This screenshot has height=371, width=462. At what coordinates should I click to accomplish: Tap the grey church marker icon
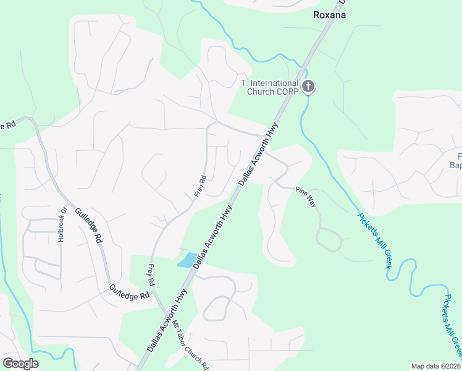[x=308, y=87]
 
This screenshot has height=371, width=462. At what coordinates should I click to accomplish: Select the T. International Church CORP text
[x=269, y=87]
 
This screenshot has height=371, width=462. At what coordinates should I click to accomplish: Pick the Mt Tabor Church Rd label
[x=190, y=345]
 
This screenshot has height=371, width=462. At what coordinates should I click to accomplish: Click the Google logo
[x=20, y=364]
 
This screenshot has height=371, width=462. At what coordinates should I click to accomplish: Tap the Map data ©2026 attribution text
[x=435, y=366]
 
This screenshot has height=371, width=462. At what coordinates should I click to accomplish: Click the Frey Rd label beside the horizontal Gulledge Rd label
[x=150, y=275]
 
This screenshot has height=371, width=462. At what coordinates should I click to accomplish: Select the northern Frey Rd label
[x=199, y=186]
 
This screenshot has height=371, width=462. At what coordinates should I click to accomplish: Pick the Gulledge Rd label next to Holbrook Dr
[x=88, y=225]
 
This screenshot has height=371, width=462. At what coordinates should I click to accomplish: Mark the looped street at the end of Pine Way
[x=329, y=238]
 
